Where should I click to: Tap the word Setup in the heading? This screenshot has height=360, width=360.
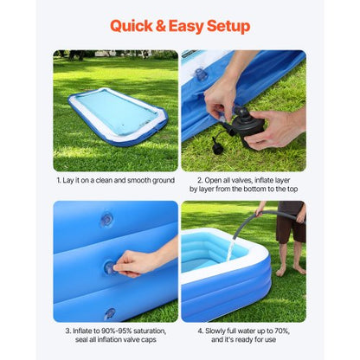225,26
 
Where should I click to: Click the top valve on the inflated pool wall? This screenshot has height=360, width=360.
106,220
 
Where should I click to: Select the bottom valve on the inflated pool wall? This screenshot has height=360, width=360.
109,312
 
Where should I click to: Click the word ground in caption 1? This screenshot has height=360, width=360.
161,181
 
